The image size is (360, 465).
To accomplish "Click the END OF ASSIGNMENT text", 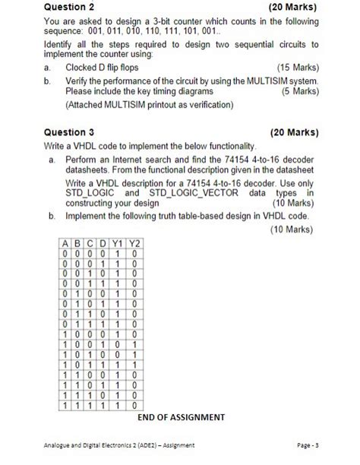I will [x=182, y=416].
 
